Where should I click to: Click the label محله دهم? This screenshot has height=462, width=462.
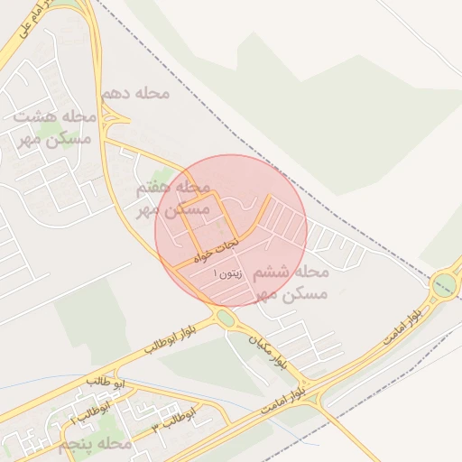pos(131,95)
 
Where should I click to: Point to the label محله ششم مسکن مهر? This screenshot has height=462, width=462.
pos(291,282)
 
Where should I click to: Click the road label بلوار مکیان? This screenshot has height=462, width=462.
pos(271,347)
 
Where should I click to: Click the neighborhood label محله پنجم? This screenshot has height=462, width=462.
pos(95,445)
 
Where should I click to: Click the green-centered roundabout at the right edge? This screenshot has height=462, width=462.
pos(444,285)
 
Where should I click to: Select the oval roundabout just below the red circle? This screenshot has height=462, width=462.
pos(224,318)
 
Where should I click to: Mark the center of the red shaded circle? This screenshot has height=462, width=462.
pos(231,231)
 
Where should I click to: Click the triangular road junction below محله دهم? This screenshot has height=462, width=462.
pos(111,117)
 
